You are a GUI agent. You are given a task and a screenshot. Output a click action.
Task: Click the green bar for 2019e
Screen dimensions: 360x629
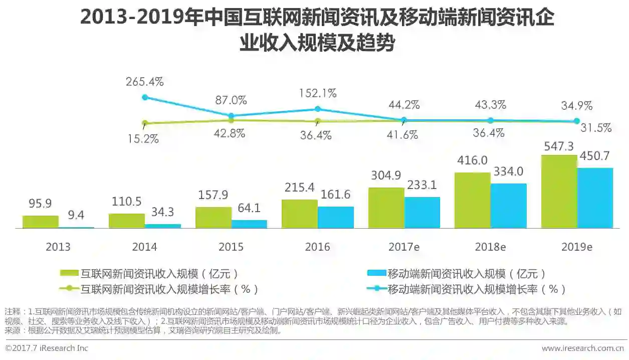(559, 192)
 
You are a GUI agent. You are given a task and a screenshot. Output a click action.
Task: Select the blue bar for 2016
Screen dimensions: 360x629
(336, 217)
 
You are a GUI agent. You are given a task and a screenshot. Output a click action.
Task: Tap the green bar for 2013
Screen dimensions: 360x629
(40, 222)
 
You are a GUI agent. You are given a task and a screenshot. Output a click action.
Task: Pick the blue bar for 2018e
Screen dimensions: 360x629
(509, 206)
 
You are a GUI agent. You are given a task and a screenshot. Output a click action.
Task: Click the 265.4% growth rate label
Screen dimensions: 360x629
(145, 81)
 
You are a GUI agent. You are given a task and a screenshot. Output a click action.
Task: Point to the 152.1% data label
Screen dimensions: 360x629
(318, 93)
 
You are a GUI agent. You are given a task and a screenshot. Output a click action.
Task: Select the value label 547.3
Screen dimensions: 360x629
(559, 146)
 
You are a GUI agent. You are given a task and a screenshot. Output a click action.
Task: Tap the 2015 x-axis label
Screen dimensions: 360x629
(231, 247)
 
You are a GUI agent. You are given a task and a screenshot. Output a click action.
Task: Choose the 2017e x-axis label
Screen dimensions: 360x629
(404, 247)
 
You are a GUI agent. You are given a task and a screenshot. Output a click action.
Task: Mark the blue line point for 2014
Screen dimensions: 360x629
(145, 97)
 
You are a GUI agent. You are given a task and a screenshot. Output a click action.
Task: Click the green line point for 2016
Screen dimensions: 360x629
(318, 121)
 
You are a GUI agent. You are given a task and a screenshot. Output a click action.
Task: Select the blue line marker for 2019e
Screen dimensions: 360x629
(577, 121)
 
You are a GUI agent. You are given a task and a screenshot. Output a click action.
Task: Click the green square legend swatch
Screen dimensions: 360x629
(69, 273)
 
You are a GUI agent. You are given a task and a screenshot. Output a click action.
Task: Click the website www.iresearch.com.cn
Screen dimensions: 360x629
(582, 348)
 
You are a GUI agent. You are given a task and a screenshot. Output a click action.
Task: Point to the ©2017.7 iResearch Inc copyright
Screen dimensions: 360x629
(47, 348)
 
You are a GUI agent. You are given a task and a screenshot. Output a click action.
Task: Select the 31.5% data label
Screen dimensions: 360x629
(595, 128)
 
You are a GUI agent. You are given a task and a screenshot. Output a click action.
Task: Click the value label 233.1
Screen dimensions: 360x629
(422, 186)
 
